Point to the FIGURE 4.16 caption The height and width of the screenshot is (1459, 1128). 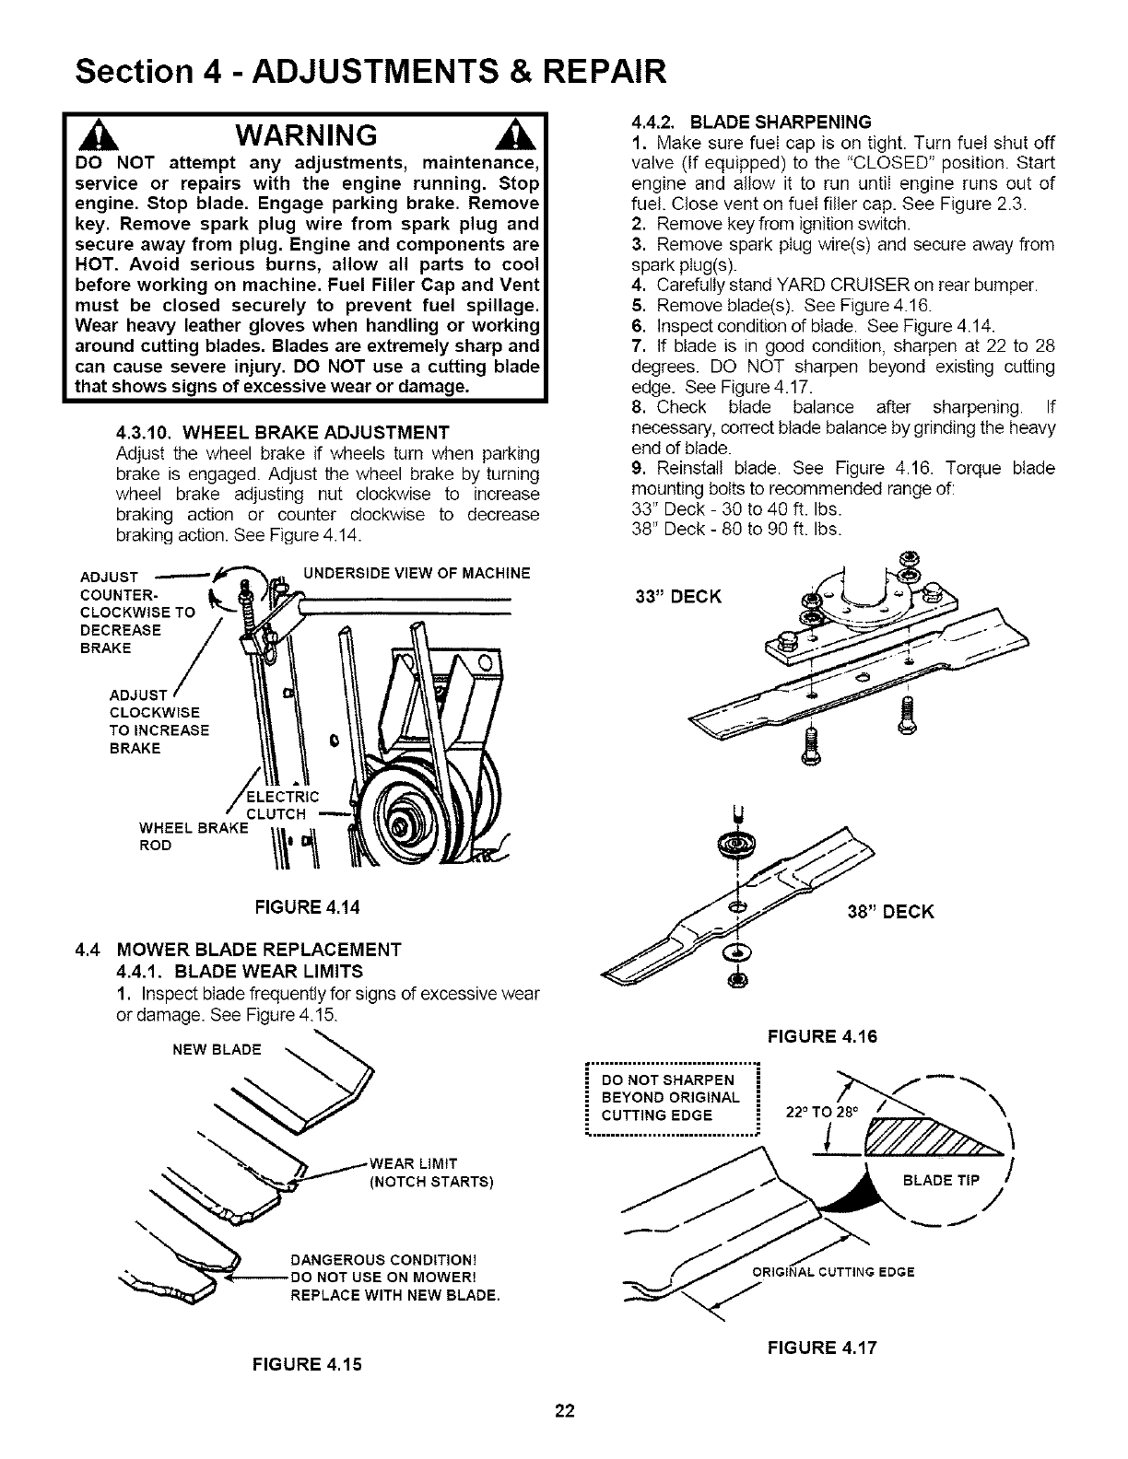(823, 1035)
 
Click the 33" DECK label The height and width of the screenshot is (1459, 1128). (678, 595)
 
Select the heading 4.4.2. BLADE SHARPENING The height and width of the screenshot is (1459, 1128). (751, 122)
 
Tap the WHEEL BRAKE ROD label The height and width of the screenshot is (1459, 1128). (192, 835)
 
